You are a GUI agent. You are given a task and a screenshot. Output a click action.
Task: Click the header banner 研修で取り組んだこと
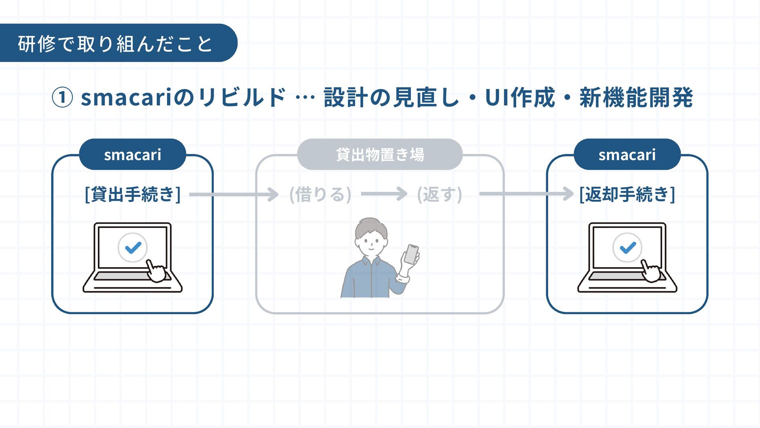click(x=115, y=43)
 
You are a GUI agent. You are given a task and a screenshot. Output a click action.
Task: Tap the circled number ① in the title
click(x=62, y=97)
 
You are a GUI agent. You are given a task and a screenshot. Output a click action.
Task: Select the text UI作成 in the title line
click(x=520, y=97)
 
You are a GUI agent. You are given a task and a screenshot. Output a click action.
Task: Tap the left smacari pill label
click(x=133, y=155)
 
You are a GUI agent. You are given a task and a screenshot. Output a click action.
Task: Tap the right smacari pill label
click(x=627, y=155)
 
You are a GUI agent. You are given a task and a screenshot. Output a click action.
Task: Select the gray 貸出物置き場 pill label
click(x=380, y=155)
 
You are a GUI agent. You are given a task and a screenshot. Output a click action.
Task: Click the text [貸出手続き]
click(x=133, y=194)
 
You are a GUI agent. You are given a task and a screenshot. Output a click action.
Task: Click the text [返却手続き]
click(x=627, y=194)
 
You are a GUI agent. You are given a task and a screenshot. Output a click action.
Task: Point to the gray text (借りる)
click(x=320, y=194)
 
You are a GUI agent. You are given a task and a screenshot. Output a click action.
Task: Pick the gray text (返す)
click(x=439, y=194)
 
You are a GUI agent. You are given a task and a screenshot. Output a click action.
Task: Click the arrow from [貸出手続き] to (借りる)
click(x=234, y=194)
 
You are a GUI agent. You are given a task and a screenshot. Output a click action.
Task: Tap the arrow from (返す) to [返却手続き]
click(x=526, y=194)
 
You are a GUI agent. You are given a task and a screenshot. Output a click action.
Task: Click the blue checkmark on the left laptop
click(x=133, y=248)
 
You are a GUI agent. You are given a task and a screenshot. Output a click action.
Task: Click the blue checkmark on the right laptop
click(x=628, y=248)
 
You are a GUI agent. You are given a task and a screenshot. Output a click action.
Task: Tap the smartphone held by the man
click(x=411, y=254)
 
